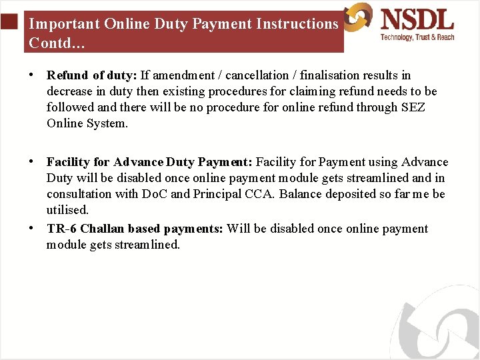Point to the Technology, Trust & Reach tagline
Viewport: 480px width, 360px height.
(x=417, y=37)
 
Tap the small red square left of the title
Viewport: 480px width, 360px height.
(x=9, y=23)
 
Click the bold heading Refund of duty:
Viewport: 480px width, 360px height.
(x=91, y=75)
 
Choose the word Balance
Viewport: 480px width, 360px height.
(x=303, y=194)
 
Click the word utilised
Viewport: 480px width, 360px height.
(x=67, y=210)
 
